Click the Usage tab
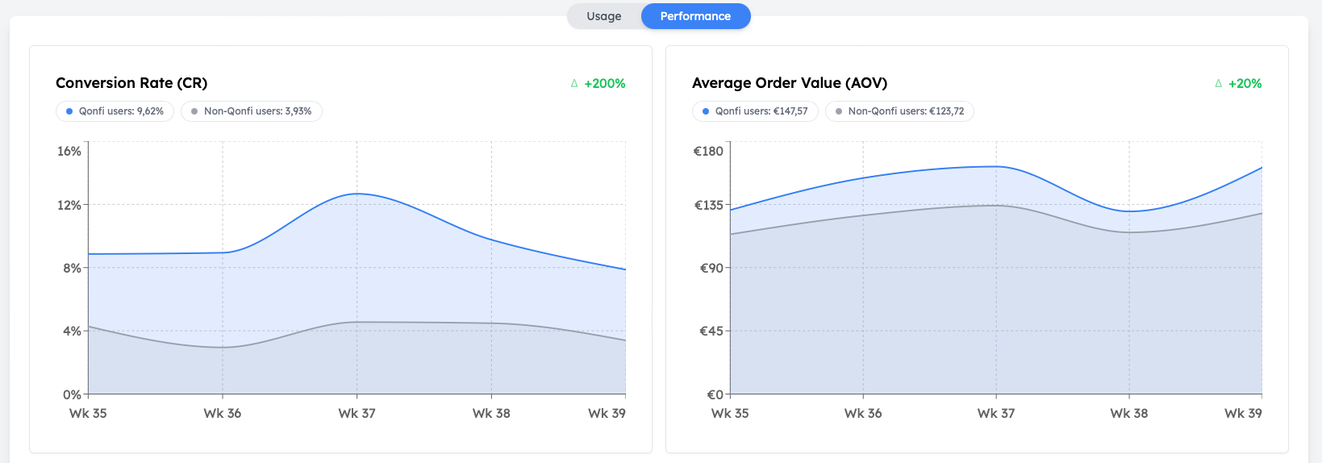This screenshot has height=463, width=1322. (x=603, y=16)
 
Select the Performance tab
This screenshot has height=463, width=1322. (x=695, y=16)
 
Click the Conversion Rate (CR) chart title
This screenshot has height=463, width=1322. (x=131, y=83)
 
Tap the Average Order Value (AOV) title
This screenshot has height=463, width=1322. (x=789, y=83)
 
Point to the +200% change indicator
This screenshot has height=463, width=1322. (x=604, y=84)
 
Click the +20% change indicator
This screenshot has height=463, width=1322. (x=1245, y=84)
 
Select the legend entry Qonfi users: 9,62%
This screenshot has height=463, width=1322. (x=115, y=111)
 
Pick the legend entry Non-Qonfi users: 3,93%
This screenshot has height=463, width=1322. (x=252, y=111)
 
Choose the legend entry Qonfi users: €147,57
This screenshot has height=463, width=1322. (x=755, y=111)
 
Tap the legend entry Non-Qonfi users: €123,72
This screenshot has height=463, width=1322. (x=899, y=111)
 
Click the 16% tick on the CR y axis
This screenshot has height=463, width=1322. (x=69, y=152)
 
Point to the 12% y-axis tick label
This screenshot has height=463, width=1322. (x=69, y=206)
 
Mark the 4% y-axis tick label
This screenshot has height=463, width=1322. (x=72, y=332)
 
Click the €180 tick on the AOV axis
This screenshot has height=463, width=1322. (x=708, y=152)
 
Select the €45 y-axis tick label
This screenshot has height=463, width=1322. (x=711, y=332)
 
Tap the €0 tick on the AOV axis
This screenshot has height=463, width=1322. (x=715, y=395)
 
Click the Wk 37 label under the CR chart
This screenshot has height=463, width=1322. (x=357, y=414)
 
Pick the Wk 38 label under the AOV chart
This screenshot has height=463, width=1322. (x=1128, y=414)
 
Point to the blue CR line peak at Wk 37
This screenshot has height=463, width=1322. (x=357, y=194)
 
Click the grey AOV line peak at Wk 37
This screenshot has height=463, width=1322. (x=996, y=206)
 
